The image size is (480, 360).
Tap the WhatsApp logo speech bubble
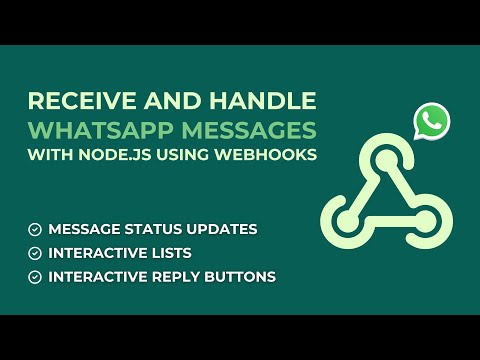click(432, 122)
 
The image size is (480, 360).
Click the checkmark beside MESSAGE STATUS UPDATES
click(35, 229)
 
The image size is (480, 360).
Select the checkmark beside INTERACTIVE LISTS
click(35, 252)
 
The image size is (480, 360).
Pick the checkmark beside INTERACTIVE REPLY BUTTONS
click(35, 275)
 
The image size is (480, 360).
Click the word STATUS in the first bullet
click(157, 229)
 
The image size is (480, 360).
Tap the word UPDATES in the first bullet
click(222, 229)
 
